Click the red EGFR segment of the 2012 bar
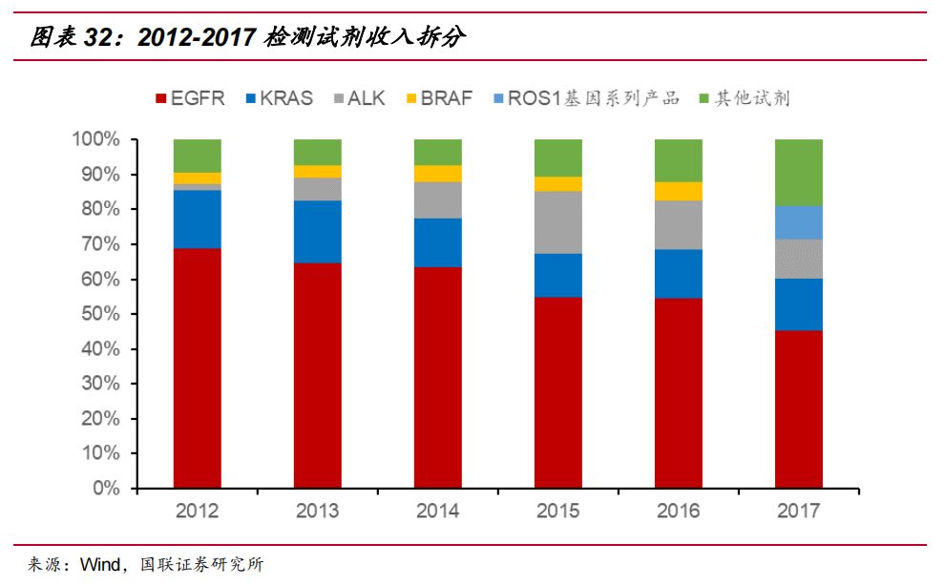point(198,367)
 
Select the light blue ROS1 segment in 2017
point(799,222)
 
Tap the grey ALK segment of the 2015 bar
point(558,222)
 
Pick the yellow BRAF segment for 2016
point(679,191)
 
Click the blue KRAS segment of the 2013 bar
point(318,231)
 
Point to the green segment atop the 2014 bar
point(438,152)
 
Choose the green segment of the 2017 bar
point(799,172)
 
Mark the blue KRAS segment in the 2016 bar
point(679,274)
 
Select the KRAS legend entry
point(279,98)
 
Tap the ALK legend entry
point(358,98)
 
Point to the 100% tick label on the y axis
point(95,140)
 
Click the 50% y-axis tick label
point(100,314)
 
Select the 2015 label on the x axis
point(558,512)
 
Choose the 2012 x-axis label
point(198,512)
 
